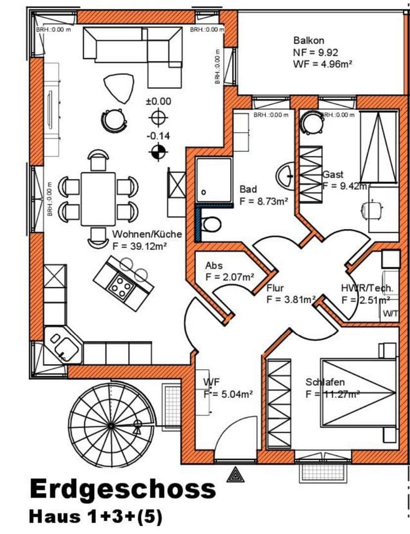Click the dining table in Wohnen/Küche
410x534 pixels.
pos(98,198)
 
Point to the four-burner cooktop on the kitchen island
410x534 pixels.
pos(119,286)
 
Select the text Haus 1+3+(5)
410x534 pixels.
pos(95,516)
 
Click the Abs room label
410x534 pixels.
pos(214,266)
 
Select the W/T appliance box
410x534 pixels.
pos(389,313)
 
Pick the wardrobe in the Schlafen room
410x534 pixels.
pos(279,403)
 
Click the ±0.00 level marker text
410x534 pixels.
pos(158,101)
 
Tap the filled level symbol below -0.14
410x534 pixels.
pos(159,153)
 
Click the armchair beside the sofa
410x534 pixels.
pos(119,87)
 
